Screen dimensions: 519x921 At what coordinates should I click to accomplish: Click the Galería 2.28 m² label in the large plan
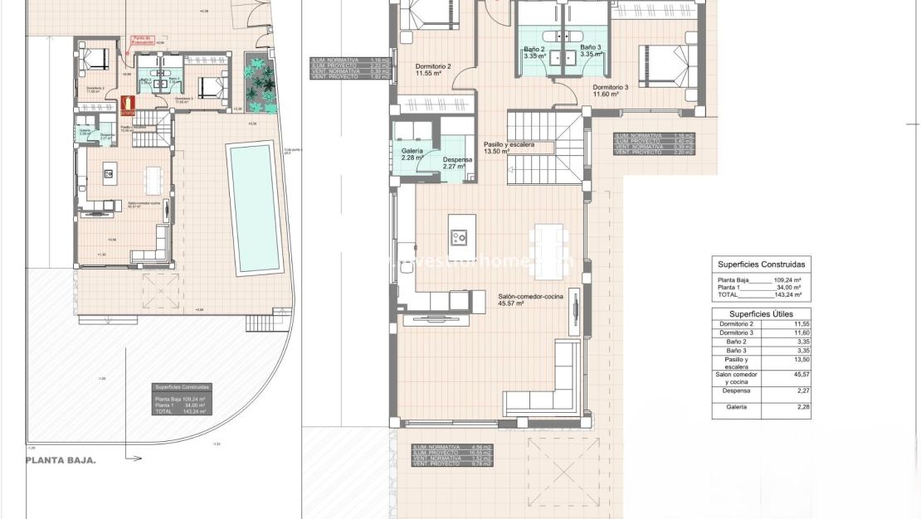[x=412, y=154]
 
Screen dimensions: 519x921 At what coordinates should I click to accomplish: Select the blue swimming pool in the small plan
[x=254, y=207]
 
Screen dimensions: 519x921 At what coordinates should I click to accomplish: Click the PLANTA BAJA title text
[x=61, y=460]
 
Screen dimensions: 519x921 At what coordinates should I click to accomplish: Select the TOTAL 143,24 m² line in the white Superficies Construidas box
[x=759, y=294]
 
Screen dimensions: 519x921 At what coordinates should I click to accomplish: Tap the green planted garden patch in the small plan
[x=260, y=82]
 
